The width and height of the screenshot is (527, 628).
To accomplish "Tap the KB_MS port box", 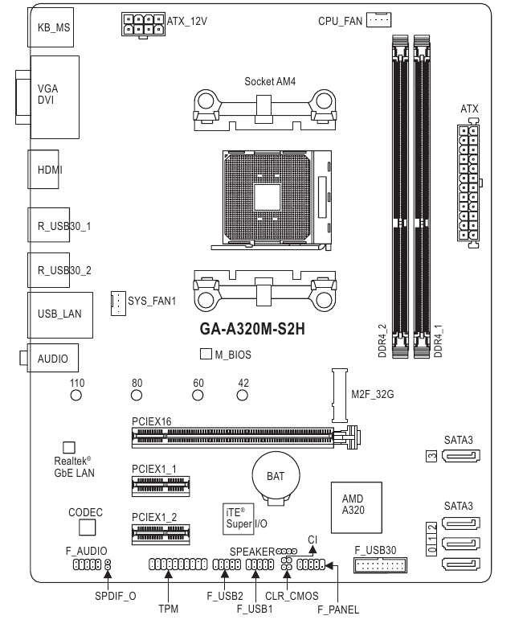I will pyautogui.click(x=54, y=26).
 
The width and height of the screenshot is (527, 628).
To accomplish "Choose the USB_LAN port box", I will pyautogui.click(x=59, y=315).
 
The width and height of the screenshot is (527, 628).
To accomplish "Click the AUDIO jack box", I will pyautogui.click(x=53, y=359).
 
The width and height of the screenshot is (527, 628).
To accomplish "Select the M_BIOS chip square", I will pyautogui.click(x=205, y=354).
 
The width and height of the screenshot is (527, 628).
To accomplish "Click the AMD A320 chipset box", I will pyautogui.click(x=353, y=505).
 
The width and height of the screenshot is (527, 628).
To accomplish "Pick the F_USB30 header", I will pyautogui.click(x=380, y=568).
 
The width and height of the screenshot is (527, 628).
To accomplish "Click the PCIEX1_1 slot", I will pyautogui.click(x=161, y=486).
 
